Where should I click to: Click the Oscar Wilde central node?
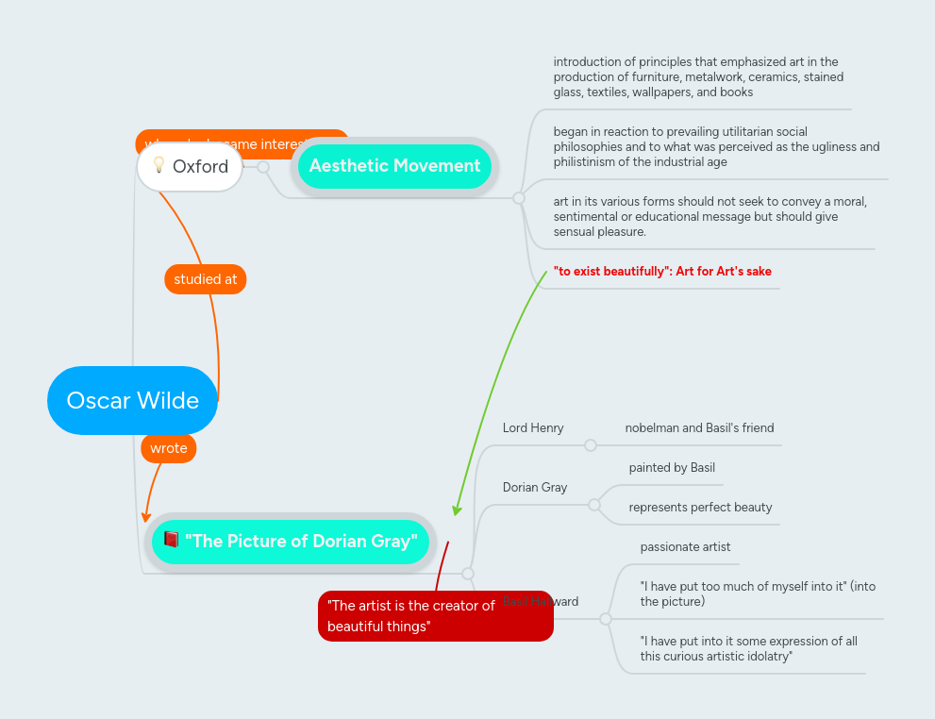pos(132,400)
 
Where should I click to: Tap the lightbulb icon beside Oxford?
pos(159,165)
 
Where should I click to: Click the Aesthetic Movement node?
pos(394,166)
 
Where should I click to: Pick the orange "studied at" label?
pos(205,279)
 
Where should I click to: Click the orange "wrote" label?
pos(168,448)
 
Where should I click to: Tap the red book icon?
pos(171,540)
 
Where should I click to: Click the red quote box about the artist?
pos(434,616)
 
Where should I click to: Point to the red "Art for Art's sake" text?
pos(662,272)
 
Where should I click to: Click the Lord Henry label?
pos(533,428)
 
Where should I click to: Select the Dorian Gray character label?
pos(535,488)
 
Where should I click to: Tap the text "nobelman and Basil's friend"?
pos(699,428)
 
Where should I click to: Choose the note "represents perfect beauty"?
pos(700,508)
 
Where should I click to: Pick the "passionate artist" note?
pos(685,547)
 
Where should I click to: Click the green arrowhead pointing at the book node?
pos(457,510)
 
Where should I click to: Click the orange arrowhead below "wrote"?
pos(145,516)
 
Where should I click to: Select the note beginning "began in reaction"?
pos(716,147)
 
